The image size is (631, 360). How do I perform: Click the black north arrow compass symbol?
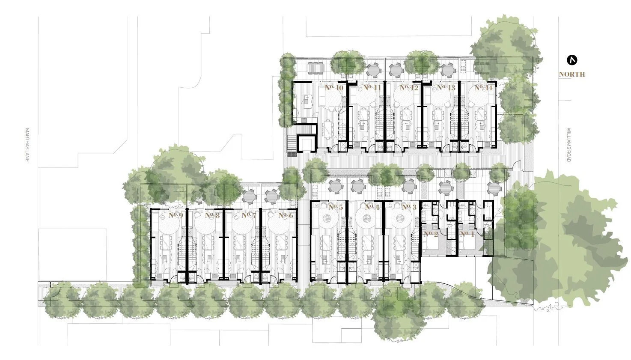tap(572, 60)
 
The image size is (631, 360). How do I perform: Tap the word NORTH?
tap(571, 74)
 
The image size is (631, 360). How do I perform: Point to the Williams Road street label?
tap(569, 145)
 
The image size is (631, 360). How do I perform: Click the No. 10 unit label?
tap(334, 88)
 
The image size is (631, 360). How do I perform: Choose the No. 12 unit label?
tap(409, 88)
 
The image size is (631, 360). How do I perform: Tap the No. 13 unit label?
tap(446, 88)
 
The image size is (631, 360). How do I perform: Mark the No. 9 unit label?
tap(176, 215)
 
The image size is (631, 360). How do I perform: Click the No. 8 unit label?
tap(212, 215)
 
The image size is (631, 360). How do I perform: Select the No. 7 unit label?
tap(249, 215)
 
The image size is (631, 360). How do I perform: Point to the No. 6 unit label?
tap(286, 215)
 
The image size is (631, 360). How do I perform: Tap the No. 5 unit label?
tap(336, 207)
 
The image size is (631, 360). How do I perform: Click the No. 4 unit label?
tap(372, 207)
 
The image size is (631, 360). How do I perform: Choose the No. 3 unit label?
tap(409, 207)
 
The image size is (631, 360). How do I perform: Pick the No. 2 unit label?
tap(431, 234)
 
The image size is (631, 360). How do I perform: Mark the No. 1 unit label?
tap(467, 234)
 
